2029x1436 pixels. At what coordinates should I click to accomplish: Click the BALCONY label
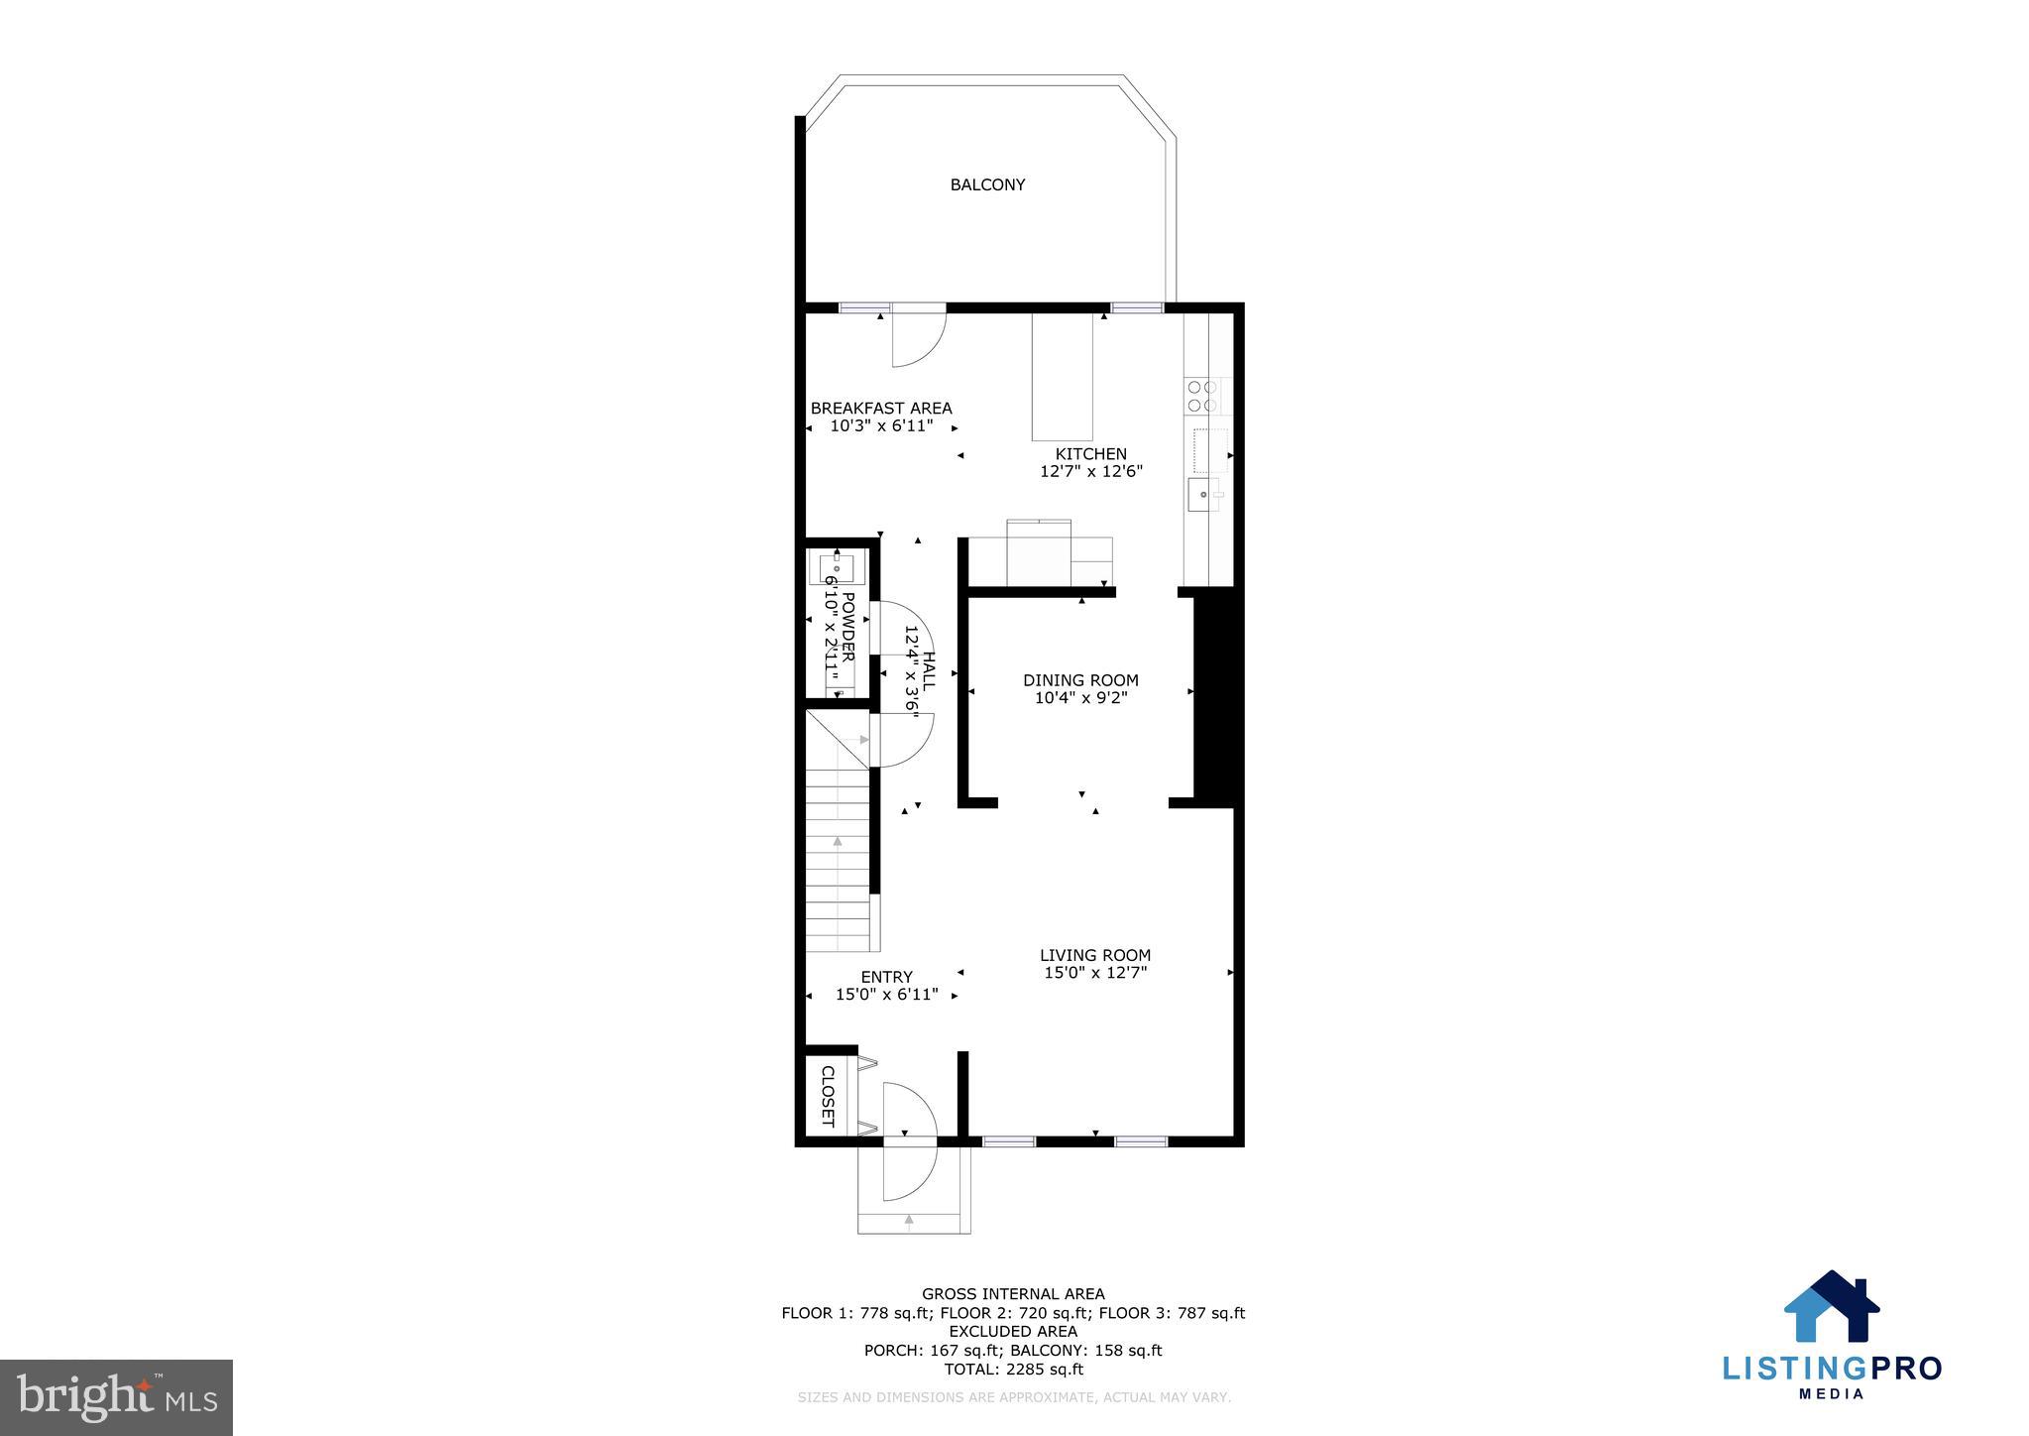coord(987,184)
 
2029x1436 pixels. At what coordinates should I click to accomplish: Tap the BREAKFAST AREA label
coord(880,408)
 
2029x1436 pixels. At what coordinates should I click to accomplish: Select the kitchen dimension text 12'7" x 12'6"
coord(1090,472)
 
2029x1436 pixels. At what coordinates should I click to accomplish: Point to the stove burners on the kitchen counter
coord(1201,396)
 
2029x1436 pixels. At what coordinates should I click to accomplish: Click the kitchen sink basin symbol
coord(1202,493)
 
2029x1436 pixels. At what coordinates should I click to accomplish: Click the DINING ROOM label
coord(1080,680)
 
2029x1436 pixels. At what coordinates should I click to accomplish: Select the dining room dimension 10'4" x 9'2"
coord(1080,698)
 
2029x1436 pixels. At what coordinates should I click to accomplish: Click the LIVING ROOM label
coord(1094,955)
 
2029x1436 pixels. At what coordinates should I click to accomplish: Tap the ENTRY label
coord(886,977)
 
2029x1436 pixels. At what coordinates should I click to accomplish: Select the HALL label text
coord(929,671)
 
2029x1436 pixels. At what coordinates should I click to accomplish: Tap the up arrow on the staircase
coord(838,841)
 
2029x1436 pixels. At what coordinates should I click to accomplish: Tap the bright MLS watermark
coord(117,1397)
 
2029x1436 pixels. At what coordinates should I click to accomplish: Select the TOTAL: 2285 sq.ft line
coord(1013,1370)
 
